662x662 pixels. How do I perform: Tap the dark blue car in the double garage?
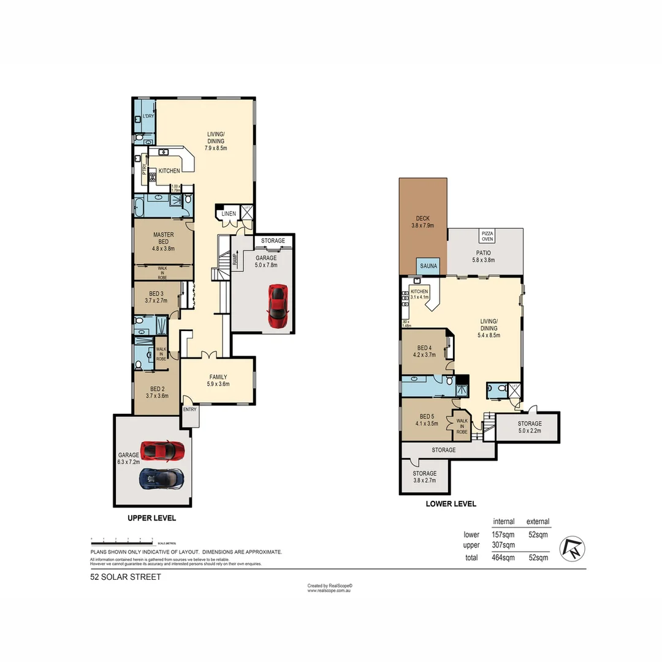click(161, 478)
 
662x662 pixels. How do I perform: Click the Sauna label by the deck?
click(428, 267)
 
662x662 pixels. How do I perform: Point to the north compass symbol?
click(575, 547)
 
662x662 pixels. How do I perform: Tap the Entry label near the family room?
click(190, 409)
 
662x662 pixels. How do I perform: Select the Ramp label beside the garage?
click(235, 261)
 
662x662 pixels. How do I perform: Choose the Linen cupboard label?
click(229, 214)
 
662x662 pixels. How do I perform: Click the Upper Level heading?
click(151, 518)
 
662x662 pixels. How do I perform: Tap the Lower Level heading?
click(451, 504)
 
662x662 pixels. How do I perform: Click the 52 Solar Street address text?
click(126, 577)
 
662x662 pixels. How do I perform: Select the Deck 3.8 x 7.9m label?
click(422, 221)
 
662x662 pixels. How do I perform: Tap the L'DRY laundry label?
click(148, 116)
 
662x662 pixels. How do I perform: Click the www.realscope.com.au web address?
click(330, 591)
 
